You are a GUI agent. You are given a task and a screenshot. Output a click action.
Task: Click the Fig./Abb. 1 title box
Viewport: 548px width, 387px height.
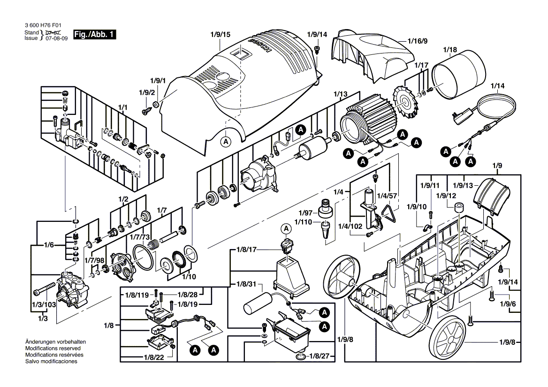(93, 35)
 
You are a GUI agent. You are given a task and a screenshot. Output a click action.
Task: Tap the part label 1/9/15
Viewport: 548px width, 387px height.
(220, 35)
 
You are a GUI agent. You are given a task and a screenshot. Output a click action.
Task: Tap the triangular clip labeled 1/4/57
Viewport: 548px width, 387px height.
(389, 213)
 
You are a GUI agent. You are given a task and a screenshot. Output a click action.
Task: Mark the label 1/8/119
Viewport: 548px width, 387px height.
(137, 295)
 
